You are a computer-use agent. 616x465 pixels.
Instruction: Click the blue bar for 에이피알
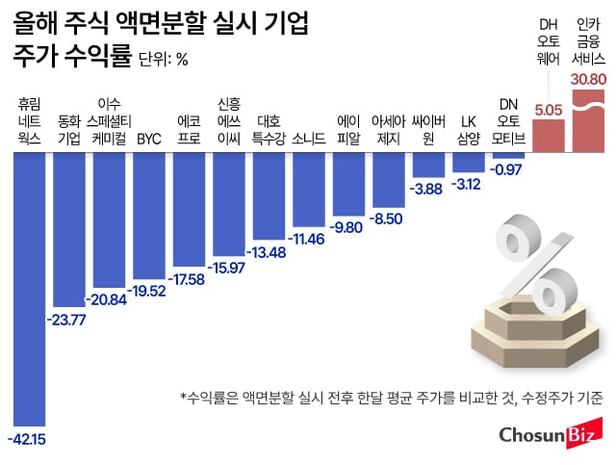pos(348,185)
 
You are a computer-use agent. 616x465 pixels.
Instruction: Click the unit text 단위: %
pos(161,59)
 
